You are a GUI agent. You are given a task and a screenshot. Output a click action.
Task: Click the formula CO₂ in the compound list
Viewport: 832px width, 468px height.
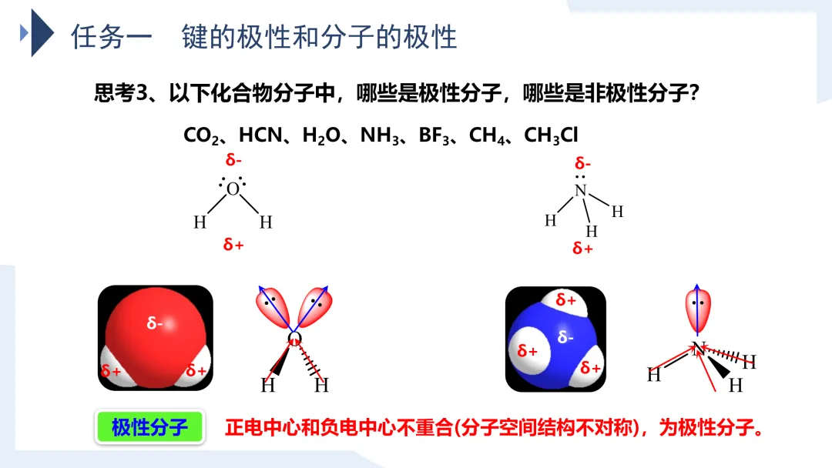[x=202, y=136]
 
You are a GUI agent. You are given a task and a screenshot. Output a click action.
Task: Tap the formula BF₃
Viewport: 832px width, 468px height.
[x=437, y=136]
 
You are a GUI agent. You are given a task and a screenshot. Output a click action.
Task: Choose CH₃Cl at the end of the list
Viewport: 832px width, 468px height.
[x=551, y=136]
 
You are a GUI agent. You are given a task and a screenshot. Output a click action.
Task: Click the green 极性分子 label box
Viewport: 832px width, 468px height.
[x=150, y=427]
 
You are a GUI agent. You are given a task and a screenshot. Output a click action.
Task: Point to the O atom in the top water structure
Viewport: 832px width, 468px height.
[x=233, y=189]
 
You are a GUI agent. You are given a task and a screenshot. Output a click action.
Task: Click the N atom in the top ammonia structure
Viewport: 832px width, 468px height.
[x=581, y=191]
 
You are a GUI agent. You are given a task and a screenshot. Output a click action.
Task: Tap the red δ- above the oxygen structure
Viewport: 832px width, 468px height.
[x=233, y=160]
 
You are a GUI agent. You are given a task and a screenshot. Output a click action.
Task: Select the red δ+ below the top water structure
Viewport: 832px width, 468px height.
[x=233, y=245]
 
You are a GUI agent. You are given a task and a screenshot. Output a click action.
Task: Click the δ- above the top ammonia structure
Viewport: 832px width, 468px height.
[x=583, y=163]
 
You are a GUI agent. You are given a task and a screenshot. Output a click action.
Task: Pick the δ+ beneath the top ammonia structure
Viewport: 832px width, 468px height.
[x=582, y=248]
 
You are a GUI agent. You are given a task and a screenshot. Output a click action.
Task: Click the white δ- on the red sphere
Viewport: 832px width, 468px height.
[x=156, y=323]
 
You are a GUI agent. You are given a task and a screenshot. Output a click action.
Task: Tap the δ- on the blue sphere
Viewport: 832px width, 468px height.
[x=566, y=336]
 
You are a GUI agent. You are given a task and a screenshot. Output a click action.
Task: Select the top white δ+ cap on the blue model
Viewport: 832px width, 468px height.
[x=566, y=300]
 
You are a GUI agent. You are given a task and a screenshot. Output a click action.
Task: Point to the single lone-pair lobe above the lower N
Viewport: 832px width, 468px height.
[x=698, y=305]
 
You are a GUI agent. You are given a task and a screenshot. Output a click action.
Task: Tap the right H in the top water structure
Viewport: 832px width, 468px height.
[x=266, y=223]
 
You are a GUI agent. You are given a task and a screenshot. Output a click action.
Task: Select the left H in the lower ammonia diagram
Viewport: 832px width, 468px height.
[x=654, y=375]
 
